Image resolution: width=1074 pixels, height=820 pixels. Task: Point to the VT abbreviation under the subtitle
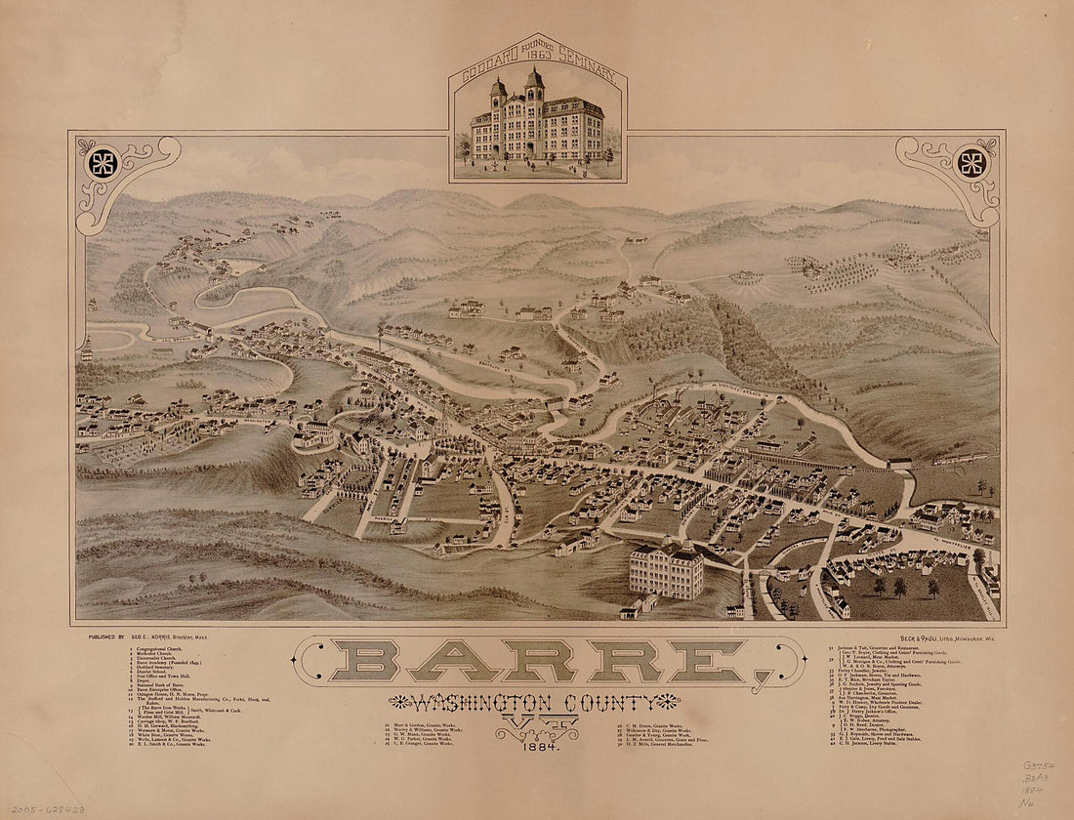(537, 724)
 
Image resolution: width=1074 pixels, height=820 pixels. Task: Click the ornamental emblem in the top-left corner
(103, 163)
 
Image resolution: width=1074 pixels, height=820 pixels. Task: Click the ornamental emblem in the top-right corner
(970, 163)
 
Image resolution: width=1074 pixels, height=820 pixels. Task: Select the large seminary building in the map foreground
(666, 570)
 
